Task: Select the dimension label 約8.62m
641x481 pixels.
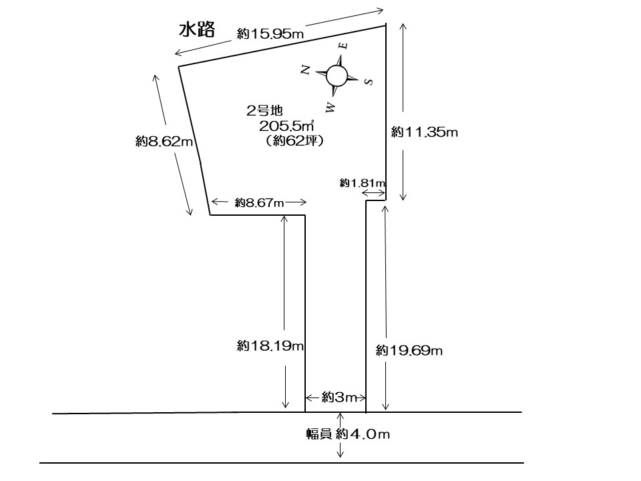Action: coord(164,142)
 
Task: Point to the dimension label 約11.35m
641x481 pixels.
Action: coord(425,132)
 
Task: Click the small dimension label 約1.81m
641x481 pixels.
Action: coord(363,182)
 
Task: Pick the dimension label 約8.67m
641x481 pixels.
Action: coord(259,202)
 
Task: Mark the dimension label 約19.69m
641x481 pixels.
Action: coord(409,350)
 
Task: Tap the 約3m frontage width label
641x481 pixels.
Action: coord(336,397)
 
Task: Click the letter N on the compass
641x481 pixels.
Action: coord(306,69)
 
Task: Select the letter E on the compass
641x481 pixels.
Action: coord(343,45)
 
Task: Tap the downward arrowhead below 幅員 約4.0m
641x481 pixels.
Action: coord(341,454)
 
